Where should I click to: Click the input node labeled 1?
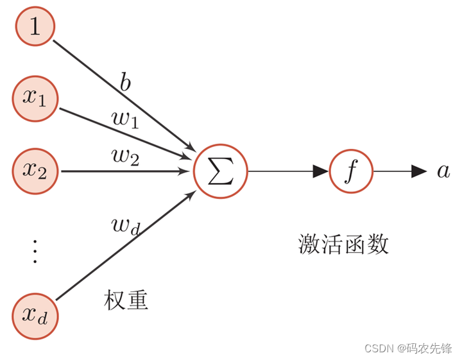[35, 27]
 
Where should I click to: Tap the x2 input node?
[35, 171]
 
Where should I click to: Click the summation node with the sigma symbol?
[220, 171]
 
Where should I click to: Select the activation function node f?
[351, 171]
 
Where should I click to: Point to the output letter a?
[443, 171]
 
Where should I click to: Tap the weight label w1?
[126, 120]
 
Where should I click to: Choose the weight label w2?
[126, 157]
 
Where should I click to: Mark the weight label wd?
[126, 226]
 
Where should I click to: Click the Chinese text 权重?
[126, 300]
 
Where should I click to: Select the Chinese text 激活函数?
[344, 244]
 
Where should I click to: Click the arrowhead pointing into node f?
[321, 171]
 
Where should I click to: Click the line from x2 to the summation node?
[122, 171]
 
